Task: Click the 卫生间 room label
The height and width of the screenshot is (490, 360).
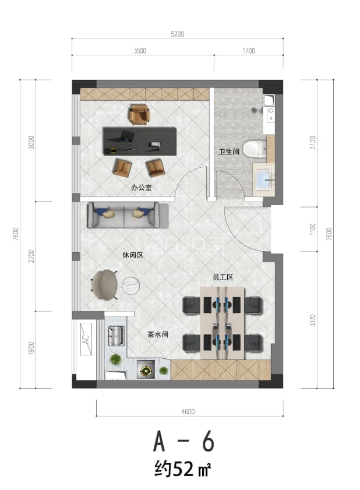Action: point(229,151)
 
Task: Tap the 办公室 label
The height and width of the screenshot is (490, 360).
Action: point(141,188)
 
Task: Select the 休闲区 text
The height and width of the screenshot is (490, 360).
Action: point(133,255)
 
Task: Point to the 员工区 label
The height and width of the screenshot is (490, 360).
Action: point(223,277)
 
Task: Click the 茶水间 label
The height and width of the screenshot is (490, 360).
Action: point(158,334)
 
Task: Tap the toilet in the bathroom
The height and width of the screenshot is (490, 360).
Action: point(255,149)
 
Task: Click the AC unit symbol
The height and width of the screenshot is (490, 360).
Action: point(86,339)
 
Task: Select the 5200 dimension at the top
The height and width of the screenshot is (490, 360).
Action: point(178,34)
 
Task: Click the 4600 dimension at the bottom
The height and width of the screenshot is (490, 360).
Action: point(188,411)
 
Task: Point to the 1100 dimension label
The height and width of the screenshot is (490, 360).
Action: point(312,230)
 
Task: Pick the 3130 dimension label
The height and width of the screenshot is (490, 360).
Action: point(312,143)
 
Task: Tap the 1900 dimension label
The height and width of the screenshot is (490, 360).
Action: point(31,348)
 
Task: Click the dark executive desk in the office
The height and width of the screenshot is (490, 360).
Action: point(140,141)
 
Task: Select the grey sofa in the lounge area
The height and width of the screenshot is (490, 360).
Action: point(128,215)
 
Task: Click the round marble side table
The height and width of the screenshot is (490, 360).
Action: point(130,285)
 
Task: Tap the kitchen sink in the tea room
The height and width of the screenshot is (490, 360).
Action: point(117,336)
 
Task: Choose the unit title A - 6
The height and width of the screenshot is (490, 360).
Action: point(183,441)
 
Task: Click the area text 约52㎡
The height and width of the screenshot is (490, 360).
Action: point(182,469)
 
